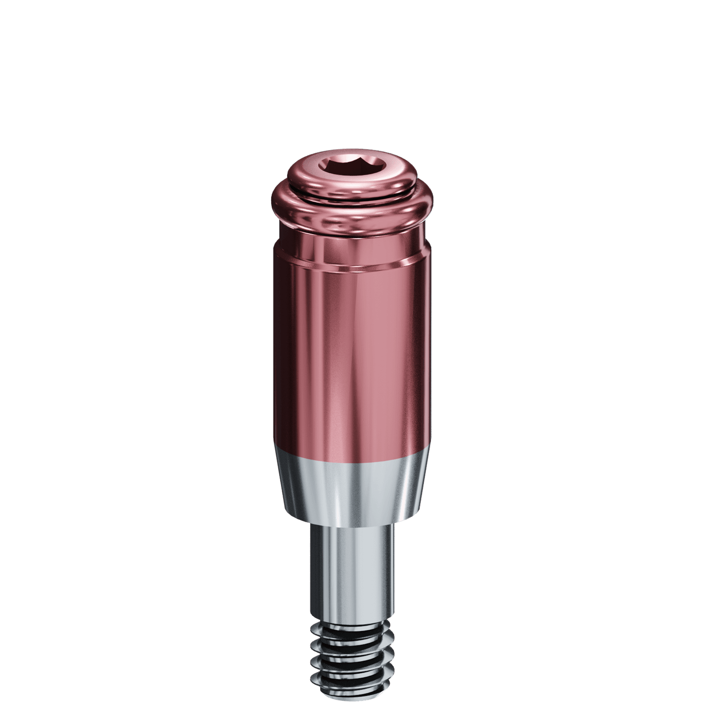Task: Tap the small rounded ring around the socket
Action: point(352,183)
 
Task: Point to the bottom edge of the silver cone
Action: point(352,522)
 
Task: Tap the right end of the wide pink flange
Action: point(431,202)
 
